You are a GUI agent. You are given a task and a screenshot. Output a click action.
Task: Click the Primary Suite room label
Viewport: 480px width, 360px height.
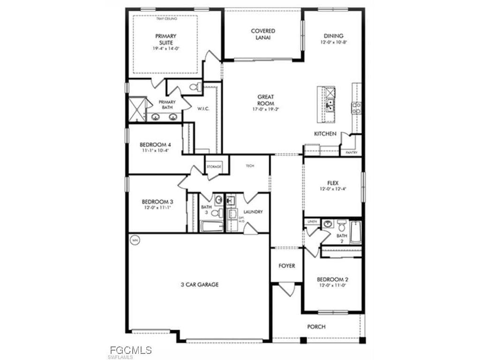(x=165, y=39)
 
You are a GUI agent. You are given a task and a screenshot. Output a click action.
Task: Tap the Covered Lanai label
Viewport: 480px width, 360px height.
(x=262, y=34)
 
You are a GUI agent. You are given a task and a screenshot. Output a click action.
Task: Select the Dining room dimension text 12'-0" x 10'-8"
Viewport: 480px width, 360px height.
(x=333, y=42)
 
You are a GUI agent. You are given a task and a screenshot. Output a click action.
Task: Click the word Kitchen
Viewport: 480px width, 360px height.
(x=325, y=134)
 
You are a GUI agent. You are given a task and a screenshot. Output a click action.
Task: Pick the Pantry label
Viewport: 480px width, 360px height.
(x=352, y=152)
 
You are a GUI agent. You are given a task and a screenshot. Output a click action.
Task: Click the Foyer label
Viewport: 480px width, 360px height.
(x=287, y=266)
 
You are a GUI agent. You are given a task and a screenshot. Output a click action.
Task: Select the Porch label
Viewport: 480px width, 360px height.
(x=316, y=327)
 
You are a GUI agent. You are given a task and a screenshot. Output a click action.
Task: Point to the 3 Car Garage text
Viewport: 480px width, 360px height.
(x=200, y=284)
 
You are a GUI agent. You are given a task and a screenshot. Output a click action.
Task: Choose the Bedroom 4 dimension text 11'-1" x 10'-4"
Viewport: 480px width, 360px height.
(x=154, y=150)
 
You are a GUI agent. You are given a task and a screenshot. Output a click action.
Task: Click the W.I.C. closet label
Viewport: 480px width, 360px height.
(x=203, y=109)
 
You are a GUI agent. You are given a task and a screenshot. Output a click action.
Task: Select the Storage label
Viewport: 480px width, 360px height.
(x=213, y=166)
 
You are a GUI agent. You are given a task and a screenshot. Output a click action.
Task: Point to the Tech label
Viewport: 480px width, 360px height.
(x=250, y=166)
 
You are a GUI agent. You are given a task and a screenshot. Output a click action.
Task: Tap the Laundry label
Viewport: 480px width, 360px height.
(x=253, y=212)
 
